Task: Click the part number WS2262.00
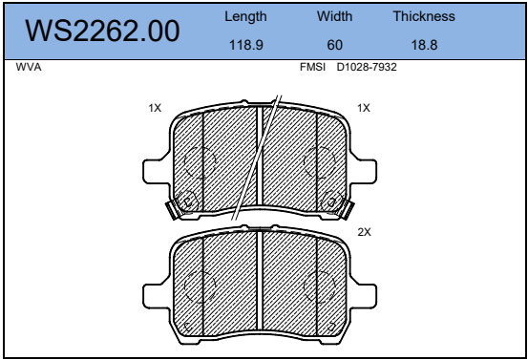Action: click(102, 31)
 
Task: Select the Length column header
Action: click(245, 16)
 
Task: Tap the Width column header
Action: click(334, 16)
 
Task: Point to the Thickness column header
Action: click(424, 16)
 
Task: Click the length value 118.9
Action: click(245, 45)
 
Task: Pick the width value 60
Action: click(335, 45)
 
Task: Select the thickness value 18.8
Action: click(424, 45)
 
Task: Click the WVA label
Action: click(29, 67)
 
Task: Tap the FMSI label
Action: click(312, 67)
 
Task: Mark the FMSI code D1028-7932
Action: click(367, 67)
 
